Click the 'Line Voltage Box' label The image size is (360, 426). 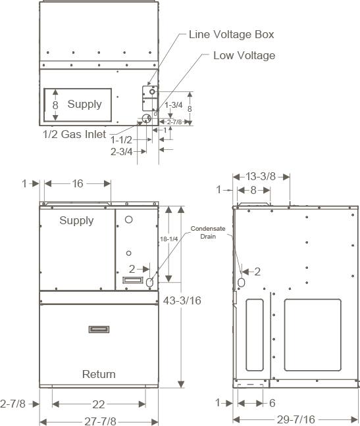[x=231, y=34]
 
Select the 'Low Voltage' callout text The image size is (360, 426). [x=244, y=55]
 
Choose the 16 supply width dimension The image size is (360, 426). [x=78, y=184]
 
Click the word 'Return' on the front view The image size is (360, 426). [x=99, y=374]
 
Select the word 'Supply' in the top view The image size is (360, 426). [x=84, y=104]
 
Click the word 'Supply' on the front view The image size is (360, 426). [x=76, y=220]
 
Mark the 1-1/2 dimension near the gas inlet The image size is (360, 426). [x=122, y=140]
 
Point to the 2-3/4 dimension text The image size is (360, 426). [x=122, y=151]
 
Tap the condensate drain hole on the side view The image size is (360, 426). [x=241, y=281]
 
